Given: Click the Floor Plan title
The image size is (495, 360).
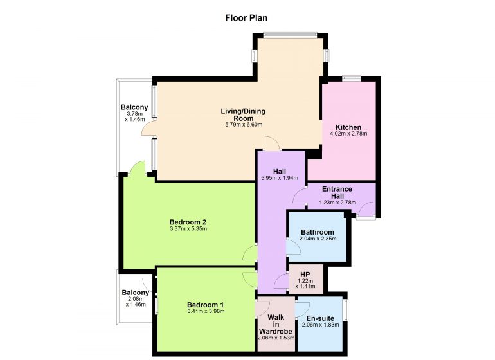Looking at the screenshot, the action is click(x=246, y=18).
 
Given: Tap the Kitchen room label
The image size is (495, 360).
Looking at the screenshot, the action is click(x=348, y=127).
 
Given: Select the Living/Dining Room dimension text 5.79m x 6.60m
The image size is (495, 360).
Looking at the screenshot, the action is click(x=244, y=125).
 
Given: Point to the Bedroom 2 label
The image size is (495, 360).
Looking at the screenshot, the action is click(x=188, y=222).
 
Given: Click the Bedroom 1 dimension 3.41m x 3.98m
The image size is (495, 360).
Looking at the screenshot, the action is click(x=206, y=311).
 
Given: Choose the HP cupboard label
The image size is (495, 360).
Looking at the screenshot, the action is click(x=305, y=274).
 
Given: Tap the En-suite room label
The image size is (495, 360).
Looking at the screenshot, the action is click(x=320, y=318).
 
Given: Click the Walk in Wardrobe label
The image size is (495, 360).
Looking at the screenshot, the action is click(x=276, y=324).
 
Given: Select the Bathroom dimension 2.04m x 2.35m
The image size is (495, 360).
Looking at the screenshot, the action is click(x=318, y=239).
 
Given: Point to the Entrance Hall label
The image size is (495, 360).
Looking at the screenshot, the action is click(x=337, y=192).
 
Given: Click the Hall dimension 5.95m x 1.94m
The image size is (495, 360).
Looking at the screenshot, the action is click(x=280, y=178).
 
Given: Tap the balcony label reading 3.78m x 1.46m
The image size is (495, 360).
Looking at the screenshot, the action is click(x=134, y=116).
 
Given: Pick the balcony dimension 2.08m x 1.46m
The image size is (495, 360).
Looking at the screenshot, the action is click(x=136, y=301).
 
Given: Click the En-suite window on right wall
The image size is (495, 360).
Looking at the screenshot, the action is click(x=346, y=310).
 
